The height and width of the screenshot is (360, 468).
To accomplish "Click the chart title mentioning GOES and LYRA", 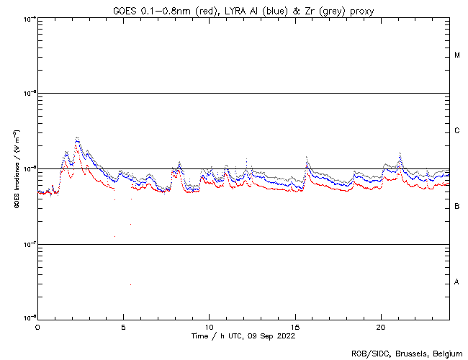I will [243, 9].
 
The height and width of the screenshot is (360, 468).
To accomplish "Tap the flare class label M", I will [457, 55].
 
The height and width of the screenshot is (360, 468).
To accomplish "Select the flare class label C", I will [457, 131].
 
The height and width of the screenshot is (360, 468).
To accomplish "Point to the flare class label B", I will [457, 207].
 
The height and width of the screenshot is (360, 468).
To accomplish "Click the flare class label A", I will [457, 282].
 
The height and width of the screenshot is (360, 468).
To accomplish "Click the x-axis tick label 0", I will [37, 327].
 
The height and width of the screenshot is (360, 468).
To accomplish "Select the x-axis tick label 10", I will [209, 327].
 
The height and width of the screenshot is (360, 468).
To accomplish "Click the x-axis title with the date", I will [243, 336].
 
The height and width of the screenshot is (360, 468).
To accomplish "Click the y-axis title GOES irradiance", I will [16, 169].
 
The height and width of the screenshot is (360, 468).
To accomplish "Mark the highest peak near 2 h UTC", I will [77, 138].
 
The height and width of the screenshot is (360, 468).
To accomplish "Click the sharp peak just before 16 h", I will [307, 156].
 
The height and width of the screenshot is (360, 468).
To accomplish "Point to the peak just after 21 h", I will [400, 153].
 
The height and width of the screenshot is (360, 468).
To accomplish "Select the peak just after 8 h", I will [179, 163].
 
